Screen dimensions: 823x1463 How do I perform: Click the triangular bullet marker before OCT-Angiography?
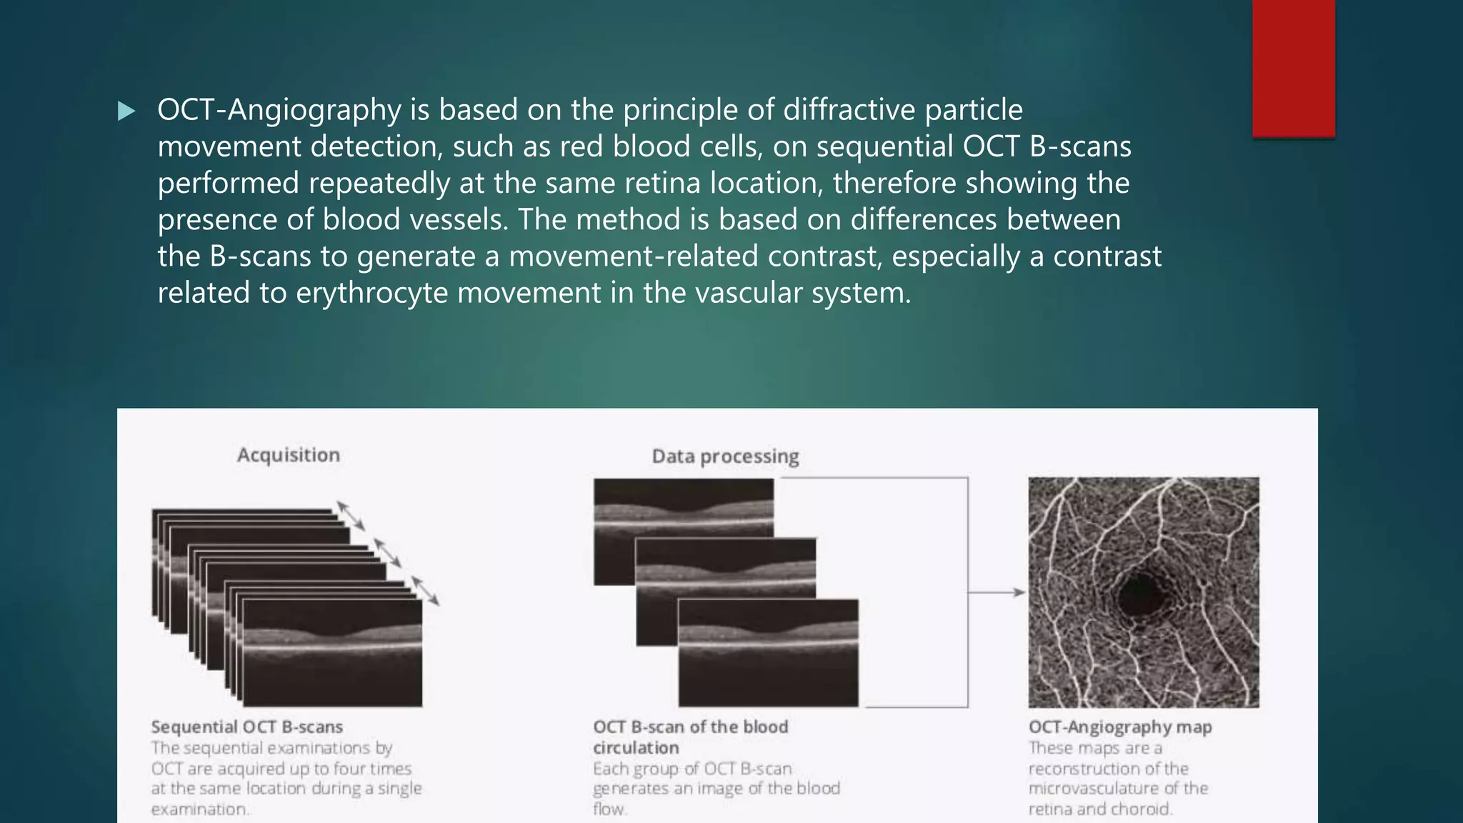point(126,111)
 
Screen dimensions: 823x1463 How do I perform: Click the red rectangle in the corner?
point(1293,68)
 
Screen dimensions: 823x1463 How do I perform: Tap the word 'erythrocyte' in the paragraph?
point(371,293)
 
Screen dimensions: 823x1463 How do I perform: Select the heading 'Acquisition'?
point(289,455)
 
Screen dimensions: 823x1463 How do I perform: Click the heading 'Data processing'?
point(725,457)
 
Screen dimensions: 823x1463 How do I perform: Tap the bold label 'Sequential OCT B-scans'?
point(246,727)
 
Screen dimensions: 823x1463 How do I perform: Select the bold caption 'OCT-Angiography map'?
point(1119,727)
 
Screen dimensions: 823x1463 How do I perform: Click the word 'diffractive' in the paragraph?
point(849,110)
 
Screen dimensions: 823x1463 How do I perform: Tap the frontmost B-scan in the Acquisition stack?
point(332,654)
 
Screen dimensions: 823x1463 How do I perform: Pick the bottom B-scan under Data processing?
point(768,654)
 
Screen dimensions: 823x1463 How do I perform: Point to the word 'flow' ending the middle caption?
point(608,809)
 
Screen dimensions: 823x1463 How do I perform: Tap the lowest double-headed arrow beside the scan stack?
point(425,591)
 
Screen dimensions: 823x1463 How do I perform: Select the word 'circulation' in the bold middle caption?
point(636,748)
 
